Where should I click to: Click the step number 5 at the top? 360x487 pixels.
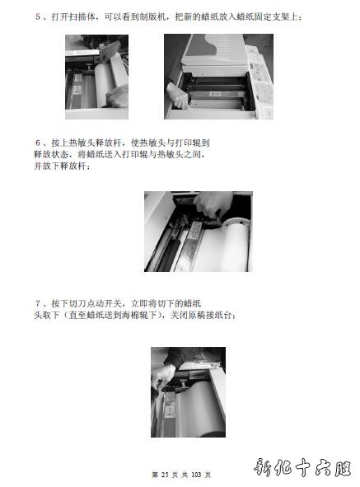pyautogui.click(x=38, y=16)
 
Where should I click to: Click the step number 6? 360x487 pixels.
pyautogui.click(x=38, y=143)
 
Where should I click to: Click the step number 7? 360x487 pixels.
pyautogui.click(x=38, y=303)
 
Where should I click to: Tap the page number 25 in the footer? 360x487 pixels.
pyautogui.click(x=165, y=475)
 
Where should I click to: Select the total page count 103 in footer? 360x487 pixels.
pyautogui.click(x=196, y=475)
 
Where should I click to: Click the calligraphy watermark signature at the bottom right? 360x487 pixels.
pyautogui.click(x=302, y=468)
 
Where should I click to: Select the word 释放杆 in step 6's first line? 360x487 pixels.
pyautogui.click(x=109, y=143)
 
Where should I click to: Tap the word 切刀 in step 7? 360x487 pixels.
pyautogui.click(x=77, y=303)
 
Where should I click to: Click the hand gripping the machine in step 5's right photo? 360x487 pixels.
pyautogui.click(x=178, y=96)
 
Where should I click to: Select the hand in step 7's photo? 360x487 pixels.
pyautogui.click(x=162, y=377)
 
